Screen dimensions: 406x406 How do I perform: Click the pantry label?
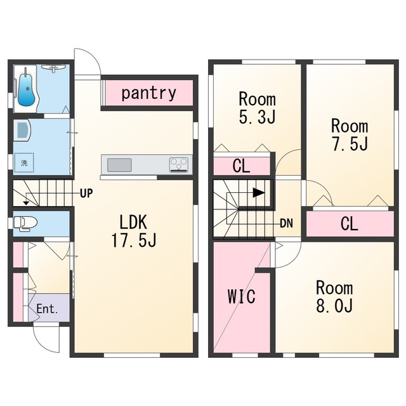click(x=148, y=93)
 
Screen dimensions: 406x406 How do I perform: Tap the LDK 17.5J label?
click(x=134, y=231)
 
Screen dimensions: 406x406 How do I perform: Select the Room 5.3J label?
click(x=257, y=108)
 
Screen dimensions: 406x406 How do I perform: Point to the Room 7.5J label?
click(x=350, y=135)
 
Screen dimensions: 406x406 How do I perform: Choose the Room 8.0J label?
click(x=334, y=297)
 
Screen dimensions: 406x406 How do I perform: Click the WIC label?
click(x=242, y=296)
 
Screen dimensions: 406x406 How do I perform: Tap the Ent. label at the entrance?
click(x=47, y=309)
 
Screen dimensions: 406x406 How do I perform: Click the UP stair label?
click(x=86, y=193)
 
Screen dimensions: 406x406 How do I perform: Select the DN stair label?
click(x=286, y=223)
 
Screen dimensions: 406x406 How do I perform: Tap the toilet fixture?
click(x=25, y=223)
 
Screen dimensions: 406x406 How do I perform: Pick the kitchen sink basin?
click(x=119, y=165)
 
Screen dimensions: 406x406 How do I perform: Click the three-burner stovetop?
click(x=179, y=165)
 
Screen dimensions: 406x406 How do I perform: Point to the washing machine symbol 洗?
click(x=24, y=162)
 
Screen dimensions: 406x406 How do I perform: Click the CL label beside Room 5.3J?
click(x=241, y=166)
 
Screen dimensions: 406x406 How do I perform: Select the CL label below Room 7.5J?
click(x=350, y=224)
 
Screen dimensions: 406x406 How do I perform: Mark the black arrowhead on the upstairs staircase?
click(x=259, y=193)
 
